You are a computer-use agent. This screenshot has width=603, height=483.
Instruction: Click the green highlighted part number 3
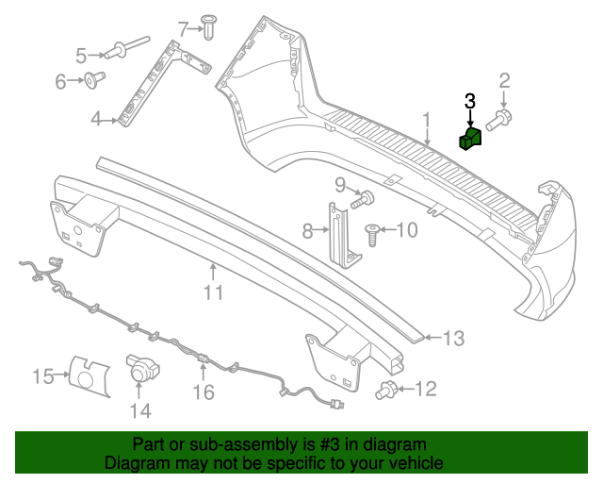pos(469,140)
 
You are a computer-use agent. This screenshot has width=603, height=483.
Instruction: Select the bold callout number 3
pos(470,100)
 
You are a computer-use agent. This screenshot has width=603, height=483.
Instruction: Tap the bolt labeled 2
pos(498,120)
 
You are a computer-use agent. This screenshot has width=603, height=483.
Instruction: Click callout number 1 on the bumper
pos(426,120)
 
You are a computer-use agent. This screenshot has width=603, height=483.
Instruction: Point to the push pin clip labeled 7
pos(209,29)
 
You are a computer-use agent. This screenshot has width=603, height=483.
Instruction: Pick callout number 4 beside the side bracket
pos(96,119)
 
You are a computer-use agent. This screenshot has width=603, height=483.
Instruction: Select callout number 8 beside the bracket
pos(307,229)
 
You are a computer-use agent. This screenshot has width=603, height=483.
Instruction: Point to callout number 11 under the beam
pos(214,292)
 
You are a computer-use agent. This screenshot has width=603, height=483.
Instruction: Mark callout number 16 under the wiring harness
pos(204,391)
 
